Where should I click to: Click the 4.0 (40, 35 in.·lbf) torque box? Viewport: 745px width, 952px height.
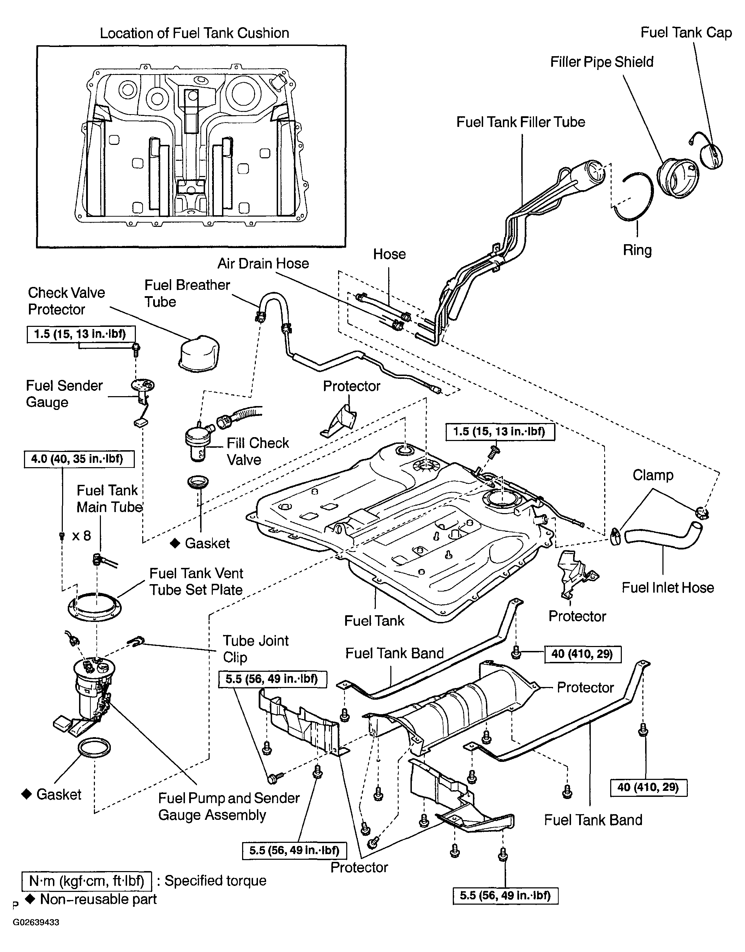[79, 459]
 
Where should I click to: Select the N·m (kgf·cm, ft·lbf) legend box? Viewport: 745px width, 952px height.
[86, 881]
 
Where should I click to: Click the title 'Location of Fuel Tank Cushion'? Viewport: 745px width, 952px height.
[194, 33]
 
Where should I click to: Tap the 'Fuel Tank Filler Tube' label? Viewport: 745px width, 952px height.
[521, 122]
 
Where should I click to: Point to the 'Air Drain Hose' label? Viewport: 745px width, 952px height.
[263, 263]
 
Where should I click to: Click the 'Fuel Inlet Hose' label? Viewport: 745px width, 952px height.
[668, 588]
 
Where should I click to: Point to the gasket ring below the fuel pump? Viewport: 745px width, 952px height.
[94, 748]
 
